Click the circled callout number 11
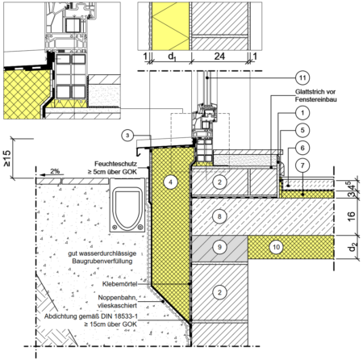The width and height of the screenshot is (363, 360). click(x=302, y=78)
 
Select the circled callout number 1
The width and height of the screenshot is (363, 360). click(x=302, y=113)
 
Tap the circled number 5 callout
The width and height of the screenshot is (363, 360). click(x=302, y=130)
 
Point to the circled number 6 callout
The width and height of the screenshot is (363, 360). click(x=302, y=148)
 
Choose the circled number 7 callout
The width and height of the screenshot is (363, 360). click(x=302, y=165)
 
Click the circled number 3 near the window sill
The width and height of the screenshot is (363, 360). click(x=127, y=136)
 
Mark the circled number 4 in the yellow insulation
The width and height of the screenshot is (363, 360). click(x=170, y=182)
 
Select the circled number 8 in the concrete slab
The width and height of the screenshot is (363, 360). click(x=219, y=216)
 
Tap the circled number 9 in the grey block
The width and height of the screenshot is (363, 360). click(x=219, y=247)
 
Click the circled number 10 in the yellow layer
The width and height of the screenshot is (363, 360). click(x=276, y=247)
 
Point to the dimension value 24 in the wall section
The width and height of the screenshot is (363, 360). click(x=219, y=57)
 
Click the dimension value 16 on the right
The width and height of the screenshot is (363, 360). click(x=351, y=216)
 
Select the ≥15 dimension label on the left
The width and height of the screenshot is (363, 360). click(x=6, y=158)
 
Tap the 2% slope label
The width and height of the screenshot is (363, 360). click(x=55, y=171)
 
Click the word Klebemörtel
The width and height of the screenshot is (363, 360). click(x=119, y=284)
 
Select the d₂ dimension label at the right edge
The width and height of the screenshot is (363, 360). click(x=352, y=247)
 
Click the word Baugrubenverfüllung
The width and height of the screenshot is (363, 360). click(x=102, y=262)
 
